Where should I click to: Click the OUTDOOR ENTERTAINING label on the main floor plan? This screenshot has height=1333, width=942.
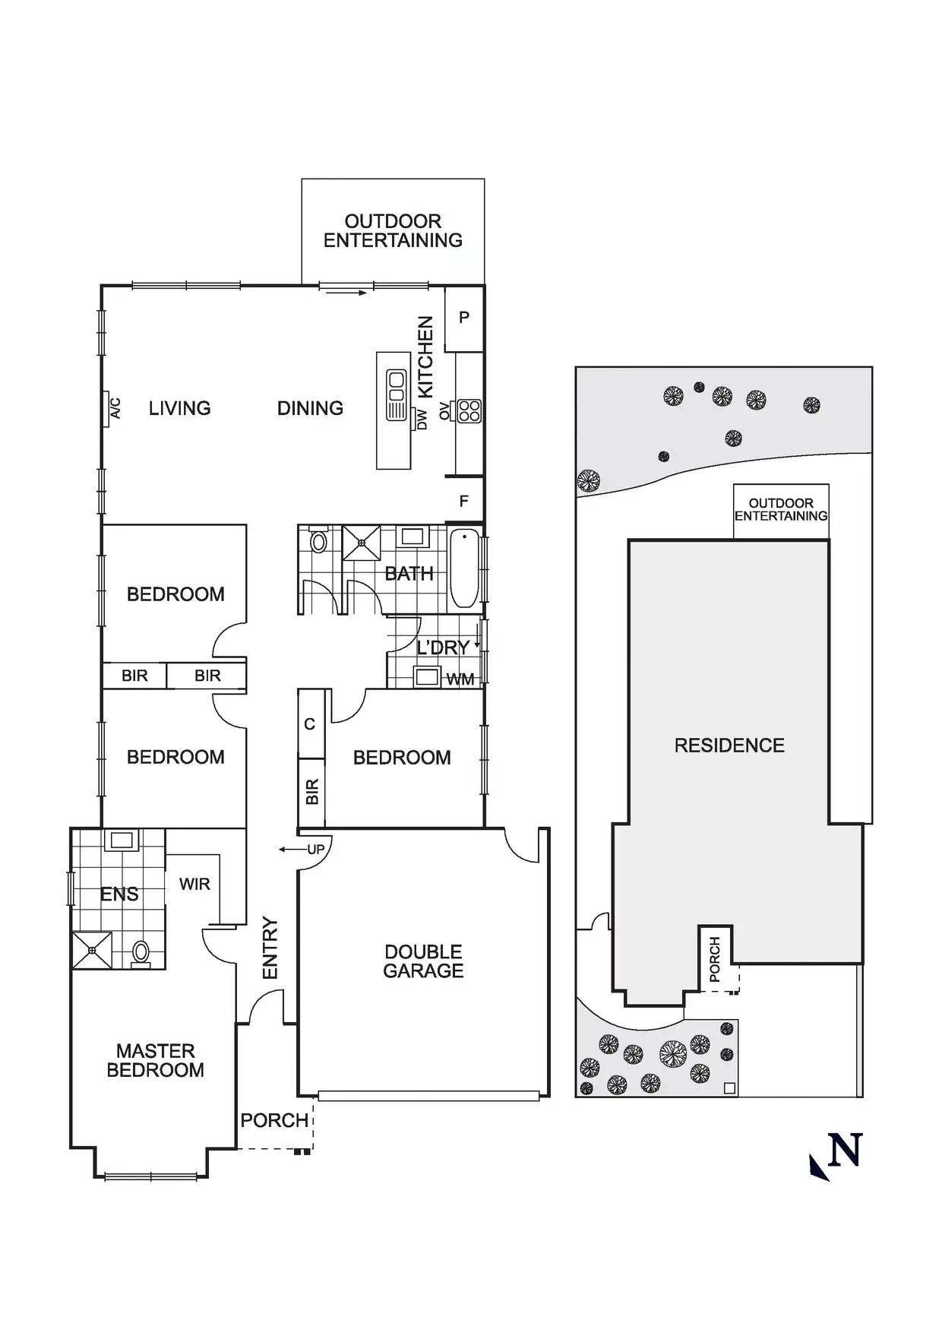(393, 231)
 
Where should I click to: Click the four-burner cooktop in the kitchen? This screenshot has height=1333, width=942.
(469, 411)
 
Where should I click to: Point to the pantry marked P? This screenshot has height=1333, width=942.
(464, 318)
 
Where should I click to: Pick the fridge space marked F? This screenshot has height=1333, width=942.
(463, 501)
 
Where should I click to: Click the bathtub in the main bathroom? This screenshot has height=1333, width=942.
(464, 568)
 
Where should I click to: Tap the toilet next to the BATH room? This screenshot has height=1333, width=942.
(319, 541)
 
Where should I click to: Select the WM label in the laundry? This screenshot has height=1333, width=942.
(460, 679)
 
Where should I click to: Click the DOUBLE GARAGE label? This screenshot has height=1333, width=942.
(423, 961)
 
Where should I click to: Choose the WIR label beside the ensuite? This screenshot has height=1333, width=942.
(194, 884)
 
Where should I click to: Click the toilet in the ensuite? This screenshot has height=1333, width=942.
(141, 952)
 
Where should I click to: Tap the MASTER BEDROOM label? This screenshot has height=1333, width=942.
(156, 1060)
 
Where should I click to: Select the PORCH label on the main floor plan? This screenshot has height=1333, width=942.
(274, 1120)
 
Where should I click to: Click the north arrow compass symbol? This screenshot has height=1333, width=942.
(837, 1156)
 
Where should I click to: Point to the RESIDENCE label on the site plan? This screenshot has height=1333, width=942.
(729, 746)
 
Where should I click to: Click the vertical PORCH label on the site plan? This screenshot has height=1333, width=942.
(715, 960)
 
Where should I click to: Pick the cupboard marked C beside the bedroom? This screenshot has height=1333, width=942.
(310, 724)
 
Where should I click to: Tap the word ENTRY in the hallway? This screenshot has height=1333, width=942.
(270, 948)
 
